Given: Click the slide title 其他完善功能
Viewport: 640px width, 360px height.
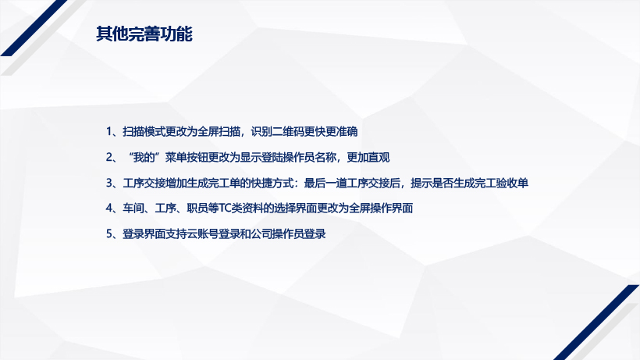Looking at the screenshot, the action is click(x=144, y=34).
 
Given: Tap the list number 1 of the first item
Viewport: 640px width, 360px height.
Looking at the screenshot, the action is click(x=109, y=131).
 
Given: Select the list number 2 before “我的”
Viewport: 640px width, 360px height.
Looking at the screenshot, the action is click(x=109, y=157).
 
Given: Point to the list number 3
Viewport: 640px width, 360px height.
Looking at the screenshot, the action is click(x=109, y=183).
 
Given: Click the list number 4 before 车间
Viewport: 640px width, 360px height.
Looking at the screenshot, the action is click(x=109, y=209).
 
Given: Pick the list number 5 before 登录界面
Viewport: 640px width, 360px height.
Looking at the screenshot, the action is click(x=109, y=233).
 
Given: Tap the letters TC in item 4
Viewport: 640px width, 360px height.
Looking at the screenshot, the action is click(x=226, y=209).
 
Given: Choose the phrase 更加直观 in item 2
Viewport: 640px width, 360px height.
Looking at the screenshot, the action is click(x=368, y=157).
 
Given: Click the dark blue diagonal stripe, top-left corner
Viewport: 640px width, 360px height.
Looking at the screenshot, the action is click(x=34, y=28).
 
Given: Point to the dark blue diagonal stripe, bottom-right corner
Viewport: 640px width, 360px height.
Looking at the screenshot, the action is click(x=596, y=323).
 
